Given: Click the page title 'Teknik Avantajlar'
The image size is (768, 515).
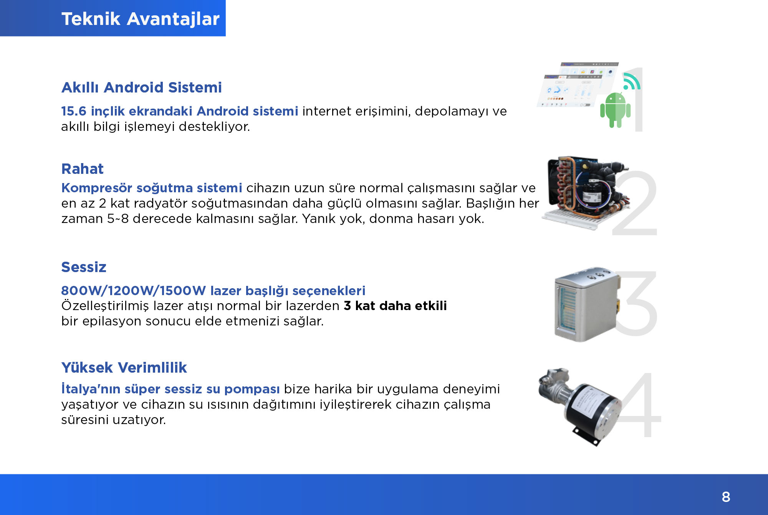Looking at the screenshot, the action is (140, 19).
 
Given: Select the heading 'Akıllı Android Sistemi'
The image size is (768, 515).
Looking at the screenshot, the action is (141, 87).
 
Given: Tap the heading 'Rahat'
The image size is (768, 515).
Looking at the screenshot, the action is (82, 169).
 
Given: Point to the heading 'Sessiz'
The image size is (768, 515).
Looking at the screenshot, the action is (84, 267).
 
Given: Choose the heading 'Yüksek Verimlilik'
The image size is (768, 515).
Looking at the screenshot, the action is (124, 368).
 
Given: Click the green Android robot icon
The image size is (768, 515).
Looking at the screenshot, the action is (615, 110).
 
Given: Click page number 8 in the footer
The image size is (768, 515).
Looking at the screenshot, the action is (726, 497).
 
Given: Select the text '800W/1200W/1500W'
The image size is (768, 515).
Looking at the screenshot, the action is (134, 291).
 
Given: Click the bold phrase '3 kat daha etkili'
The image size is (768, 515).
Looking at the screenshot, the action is (395, 306).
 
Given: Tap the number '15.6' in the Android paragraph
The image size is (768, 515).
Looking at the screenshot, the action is (74, 111).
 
